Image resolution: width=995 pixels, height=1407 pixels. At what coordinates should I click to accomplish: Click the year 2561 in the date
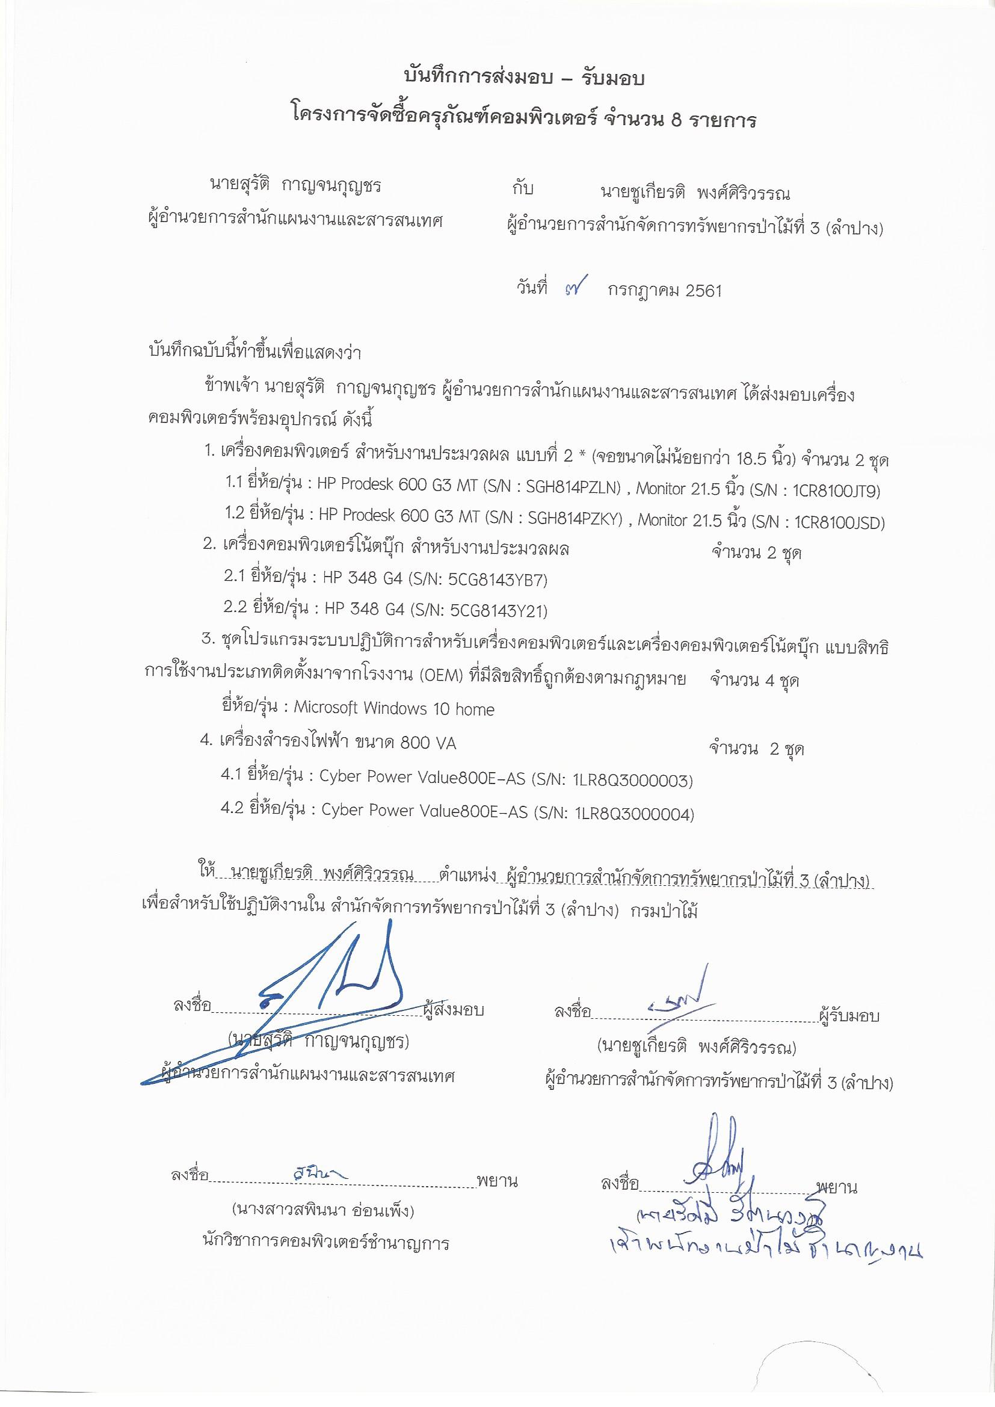tap(704, 291)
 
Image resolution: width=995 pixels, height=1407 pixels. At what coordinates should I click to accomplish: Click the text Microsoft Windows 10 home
tap(394, 709)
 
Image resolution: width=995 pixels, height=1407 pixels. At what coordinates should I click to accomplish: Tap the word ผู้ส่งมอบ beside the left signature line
tap(454, 1010)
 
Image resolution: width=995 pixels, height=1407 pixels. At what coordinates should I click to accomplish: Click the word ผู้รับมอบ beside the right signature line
tap(849, 1015)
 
